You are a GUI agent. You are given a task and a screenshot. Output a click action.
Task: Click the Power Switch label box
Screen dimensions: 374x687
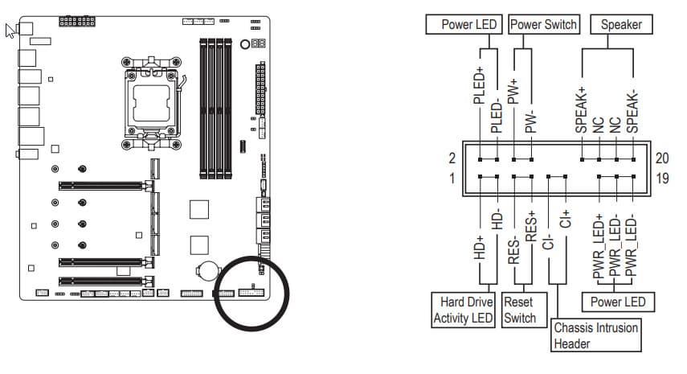coord(543,24)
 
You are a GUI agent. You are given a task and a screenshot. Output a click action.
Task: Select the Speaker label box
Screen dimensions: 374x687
coord(621,24)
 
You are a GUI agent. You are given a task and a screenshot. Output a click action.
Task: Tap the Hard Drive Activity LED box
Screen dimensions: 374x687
coord(464,310)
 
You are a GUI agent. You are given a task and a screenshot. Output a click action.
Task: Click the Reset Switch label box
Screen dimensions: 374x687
coord(520,310)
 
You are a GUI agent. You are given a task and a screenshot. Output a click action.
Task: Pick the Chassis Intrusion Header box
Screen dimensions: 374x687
coord(597,335)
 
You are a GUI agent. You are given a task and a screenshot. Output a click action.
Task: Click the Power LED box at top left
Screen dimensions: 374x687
coord(468,24)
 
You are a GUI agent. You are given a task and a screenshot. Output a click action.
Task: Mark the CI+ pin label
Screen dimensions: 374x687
coord(565,219)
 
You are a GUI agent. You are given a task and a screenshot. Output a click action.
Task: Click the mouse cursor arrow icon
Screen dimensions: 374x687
coord(10,31)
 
